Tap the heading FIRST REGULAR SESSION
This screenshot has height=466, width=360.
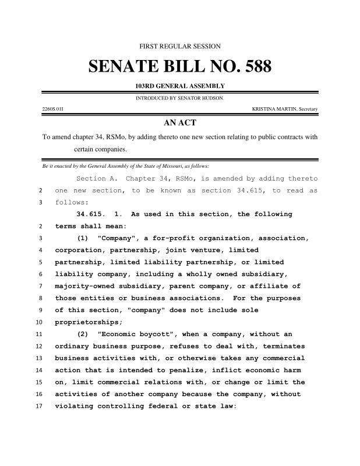[x=180, y=46]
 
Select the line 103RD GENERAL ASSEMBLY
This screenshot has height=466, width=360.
[x=180, y=86]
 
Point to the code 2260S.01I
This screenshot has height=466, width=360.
[x=53, y=109]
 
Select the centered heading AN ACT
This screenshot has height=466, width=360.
[x=180, y=123]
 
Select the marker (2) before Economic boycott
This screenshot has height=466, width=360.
[x=84, y=334]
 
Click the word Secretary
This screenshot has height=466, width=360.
[x=308, y=109]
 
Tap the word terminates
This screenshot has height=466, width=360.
[x=280, y=346]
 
